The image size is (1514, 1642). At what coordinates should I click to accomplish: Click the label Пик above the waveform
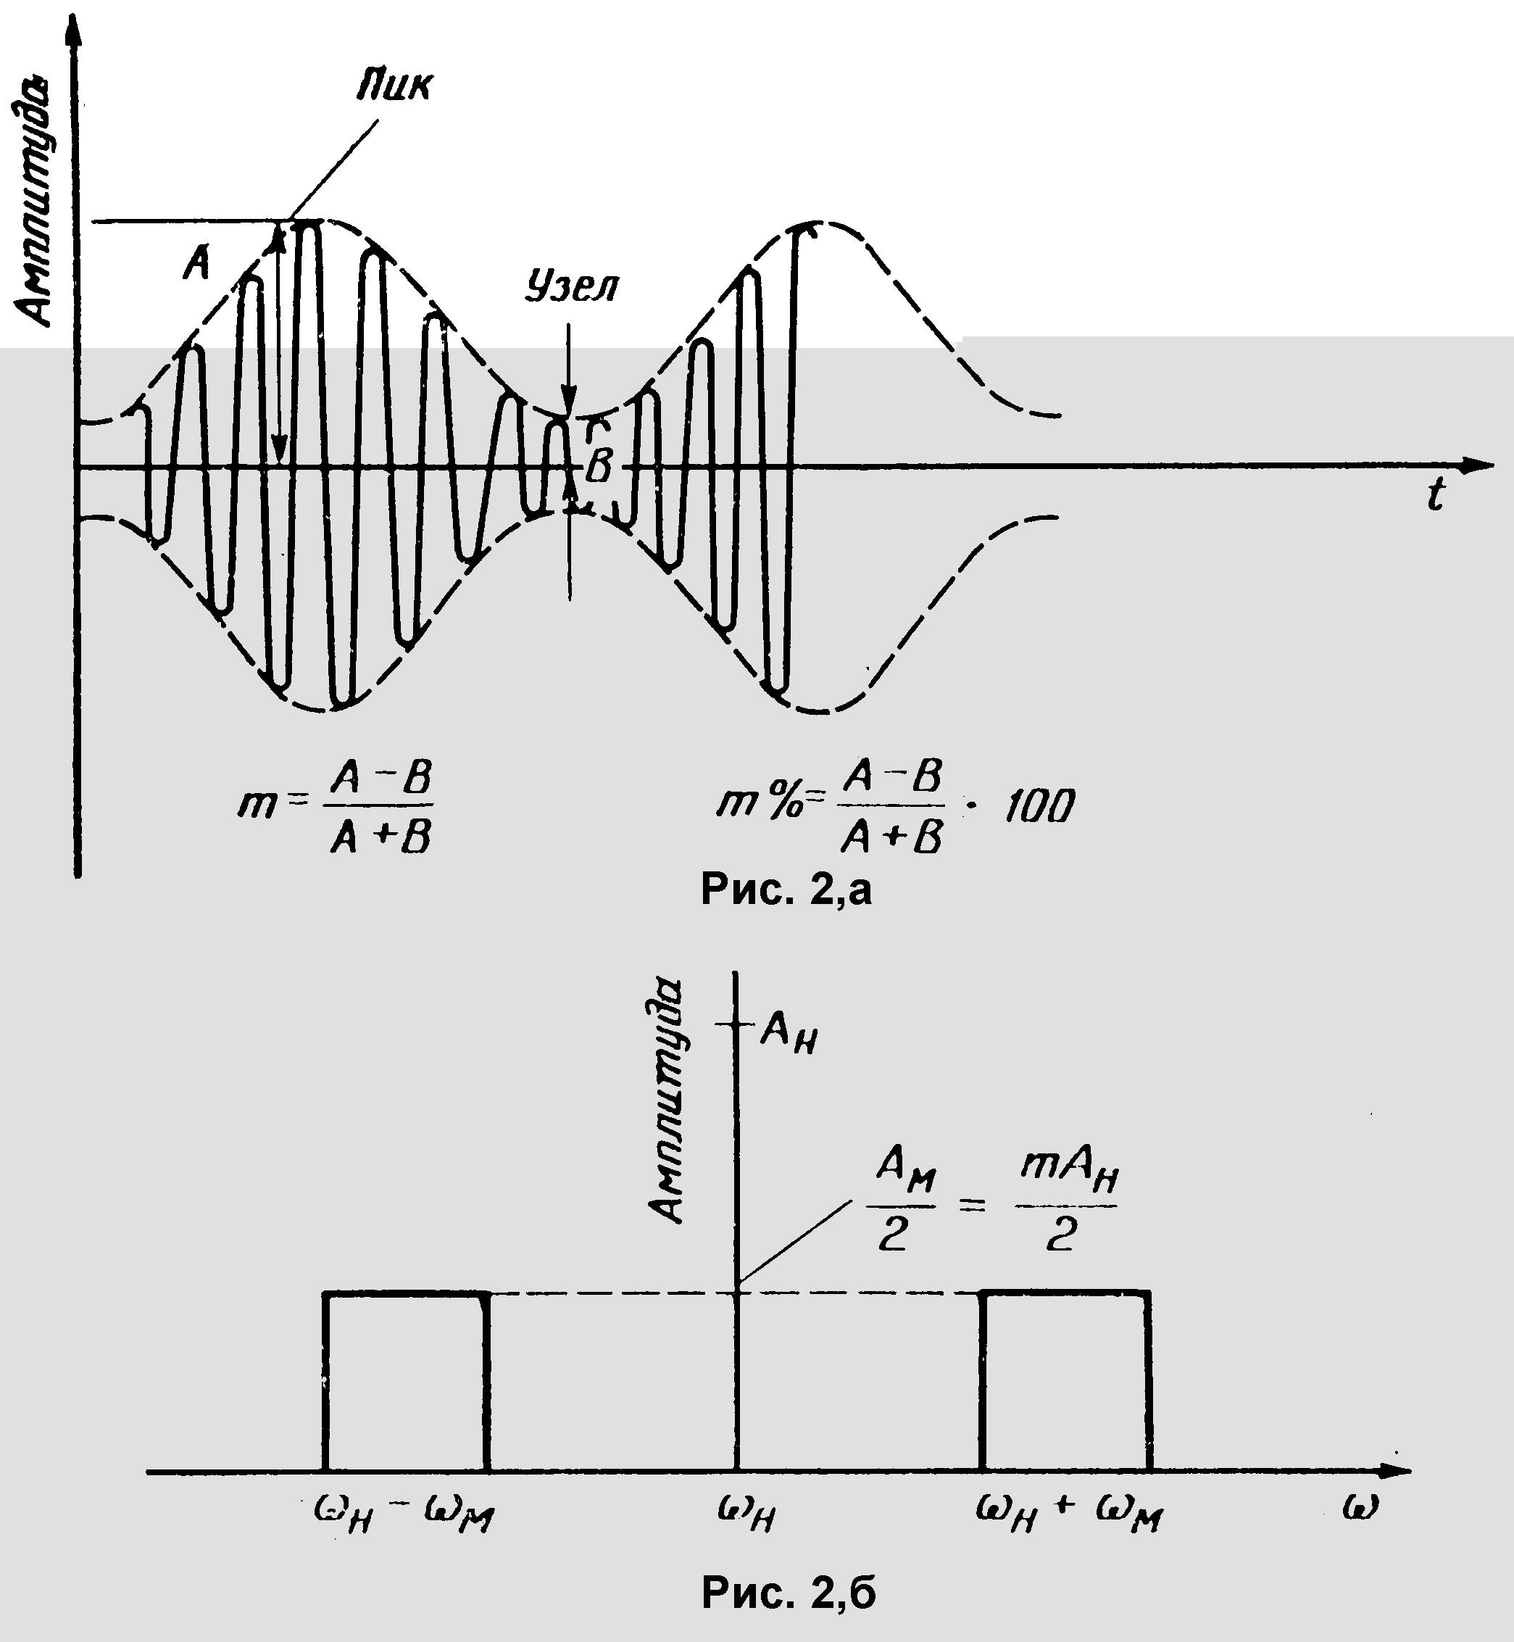(394, 86)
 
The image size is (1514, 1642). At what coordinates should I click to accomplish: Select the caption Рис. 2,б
(788, 1593)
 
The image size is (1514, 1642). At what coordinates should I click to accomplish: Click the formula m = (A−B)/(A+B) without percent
(336, 808)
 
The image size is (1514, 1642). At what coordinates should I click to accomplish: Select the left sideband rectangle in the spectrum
(407, 1382)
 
